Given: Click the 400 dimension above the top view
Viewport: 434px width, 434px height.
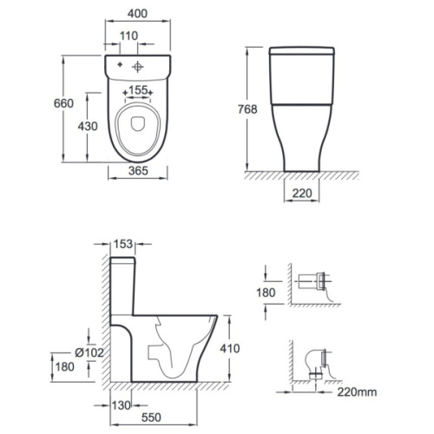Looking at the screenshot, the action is [x=137, y=14].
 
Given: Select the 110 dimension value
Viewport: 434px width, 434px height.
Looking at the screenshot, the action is [x=129, y=36].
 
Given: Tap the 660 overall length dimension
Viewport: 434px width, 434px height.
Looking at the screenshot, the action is [x=63, y=103].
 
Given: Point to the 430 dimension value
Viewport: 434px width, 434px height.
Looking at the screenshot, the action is [x=88, y=126].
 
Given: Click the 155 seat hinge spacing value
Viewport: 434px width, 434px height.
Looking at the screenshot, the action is [x=138, y=90].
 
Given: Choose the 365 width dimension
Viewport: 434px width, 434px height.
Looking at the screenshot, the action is [x=138, y=171].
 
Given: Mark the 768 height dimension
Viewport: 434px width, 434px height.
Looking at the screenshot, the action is [x=247, y=109].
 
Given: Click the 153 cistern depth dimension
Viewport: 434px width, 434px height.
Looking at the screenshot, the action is [x=123, y=244].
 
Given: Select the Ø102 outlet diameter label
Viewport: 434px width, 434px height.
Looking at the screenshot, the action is [x=89, y=352].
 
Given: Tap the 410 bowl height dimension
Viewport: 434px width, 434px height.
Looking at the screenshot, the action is [x=230, y=349].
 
